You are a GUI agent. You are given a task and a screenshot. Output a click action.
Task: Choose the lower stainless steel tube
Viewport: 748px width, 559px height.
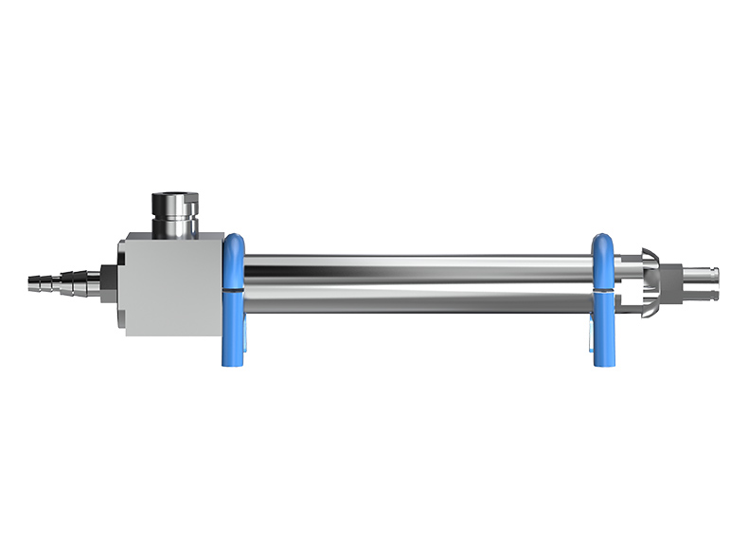(417, 301)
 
